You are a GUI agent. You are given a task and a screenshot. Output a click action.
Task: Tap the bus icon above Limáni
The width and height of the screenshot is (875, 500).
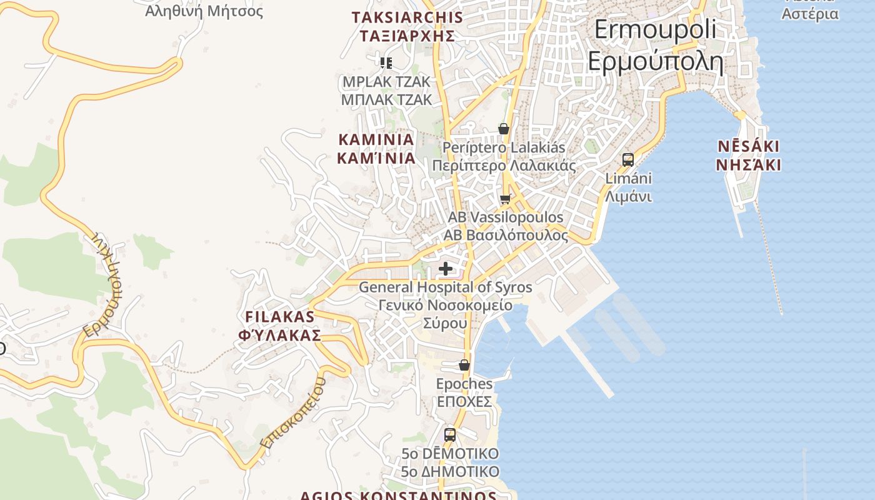point(628,159)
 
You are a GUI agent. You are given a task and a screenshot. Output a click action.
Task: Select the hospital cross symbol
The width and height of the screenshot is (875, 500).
point(446,269)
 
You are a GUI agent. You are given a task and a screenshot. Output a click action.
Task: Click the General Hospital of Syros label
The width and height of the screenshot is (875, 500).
point(445,287)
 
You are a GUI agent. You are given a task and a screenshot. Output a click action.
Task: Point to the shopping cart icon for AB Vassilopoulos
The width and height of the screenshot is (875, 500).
point(505,199)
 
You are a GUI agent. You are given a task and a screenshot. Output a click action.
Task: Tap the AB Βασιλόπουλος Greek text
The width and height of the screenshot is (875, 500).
point(506,236)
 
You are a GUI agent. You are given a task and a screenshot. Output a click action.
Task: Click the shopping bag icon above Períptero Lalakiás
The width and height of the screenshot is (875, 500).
point(504,129)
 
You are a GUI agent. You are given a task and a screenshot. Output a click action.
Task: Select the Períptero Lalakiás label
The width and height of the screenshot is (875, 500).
point(504,148)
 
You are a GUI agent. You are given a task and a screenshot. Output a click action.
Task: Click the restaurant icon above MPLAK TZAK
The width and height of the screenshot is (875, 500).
point(386,62)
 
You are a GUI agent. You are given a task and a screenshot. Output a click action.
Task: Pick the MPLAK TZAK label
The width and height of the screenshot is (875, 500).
point(386,82)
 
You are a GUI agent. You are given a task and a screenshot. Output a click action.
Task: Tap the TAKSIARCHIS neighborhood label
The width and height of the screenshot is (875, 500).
point(407,17)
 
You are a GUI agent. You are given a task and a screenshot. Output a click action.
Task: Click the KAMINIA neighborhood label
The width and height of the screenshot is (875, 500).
point(376,139)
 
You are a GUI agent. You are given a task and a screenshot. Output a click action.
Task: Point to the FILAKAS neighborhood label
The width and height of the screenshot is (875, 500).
point(279,316)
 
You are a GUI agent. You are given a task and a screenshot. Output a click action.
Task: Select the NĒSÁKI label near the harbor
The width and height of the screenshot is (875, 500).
point(748,147)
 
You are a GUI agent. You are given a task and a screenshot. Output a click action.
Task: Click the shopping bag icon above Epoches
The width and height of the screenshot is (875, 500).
point(464,365)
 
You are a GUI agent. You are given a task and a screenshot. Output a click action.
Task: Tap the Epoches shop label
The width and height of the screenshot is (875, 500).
point(464,384)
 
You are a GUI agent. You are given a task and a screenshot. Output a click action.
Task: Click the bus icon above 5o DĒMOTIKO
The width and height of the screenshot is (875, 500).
point(450,434)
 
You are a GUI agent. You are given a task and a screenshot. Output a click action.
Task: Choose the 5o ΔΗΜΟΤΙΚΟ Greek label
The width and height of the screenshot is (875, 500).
point(450,471)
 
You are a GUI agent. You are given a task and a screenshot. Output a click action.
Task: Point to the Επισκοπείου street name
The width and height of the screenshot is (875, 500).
point(294,412)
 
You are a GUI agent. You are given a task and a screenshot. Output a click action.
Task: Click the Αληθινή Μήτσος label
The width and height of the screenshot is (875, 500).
point(204,11)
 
